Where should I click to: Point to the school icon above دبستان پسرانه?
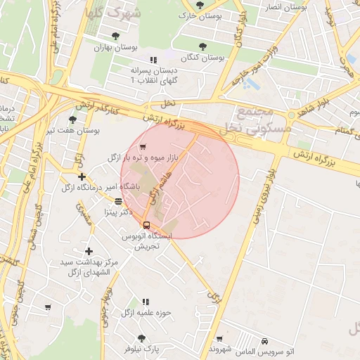153,60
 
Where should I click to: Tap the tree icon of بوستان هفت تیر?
72,120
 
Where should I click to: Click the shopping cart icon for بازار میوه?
143,147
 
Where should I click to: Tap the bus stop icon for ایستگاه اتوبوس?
146,225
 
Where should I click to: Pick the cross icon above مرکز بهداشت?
88,251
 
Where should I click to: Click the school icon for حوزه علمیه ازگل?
146,302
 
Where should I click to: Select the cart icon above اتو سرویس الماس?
219,338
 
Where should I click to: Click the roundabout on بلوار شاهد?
291,115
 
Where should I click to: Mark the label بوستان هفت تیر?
73,130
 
